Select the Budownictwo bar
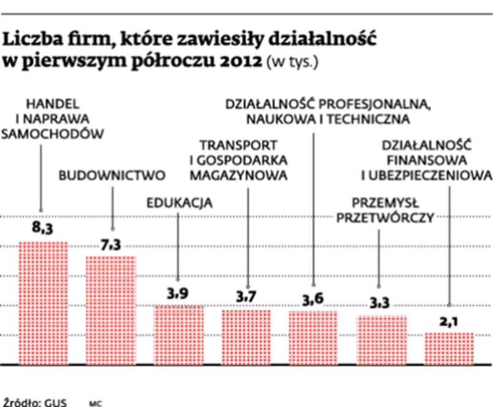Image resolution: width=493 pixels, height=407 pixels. pos(110,310)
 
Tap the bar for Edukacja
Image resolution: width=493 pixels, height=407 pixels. pos(178,334)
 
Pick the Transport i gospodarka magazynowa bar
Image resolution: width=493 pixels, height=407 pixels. pos(246,337)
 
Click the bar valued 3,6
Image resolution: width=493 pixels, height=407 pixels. pos(314,337)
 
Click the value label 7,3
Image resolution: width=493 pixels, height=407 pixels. pos(111,245)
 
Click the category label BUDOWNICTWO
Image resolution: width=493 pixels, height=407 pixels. pos(112,176)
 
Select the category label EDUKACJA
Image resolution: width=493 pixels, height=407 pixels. pos(179,203)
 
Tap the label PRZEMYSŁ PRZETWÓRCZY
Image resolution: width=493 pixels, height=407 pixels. pos(385,210)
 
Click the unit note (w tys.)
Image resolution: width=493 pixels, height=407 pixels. pos(292,63)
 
